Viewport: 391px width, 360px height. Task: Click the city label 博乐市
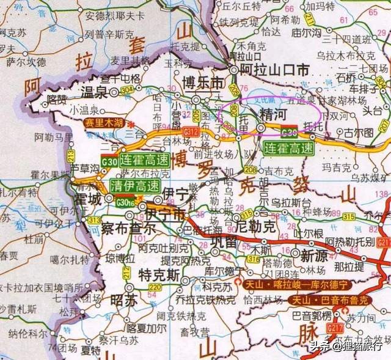coord(203,82)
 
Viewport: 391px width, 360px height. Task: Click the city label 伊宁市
coord(166,215)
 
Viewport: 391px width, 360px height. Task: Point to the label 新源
coord(313,254)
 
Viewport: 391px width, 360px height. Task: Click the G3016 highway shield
coord(125,202)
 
